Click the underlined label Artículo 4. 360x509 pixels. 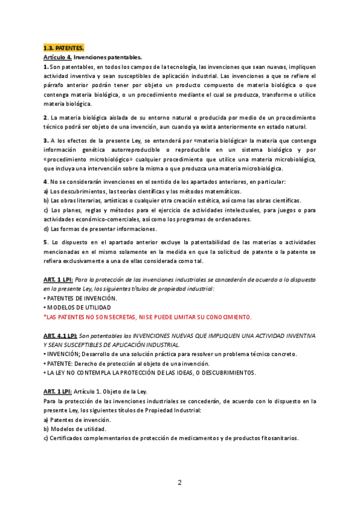pos(57,56)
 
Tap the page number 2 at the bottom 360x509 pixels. pos(179,482)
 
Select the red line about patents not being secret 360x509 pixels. pos(148,316)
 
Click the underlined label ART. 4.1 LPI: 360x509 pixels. pos(59,336)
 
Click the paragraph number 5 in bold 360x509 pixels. pos(46,242)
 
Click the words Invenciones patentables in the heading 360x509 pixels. pos(109,56)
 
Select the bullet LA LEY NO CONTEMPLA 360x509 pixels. pos(150,373)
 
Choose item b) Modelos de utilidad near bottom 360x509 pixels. pos(75,429)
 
